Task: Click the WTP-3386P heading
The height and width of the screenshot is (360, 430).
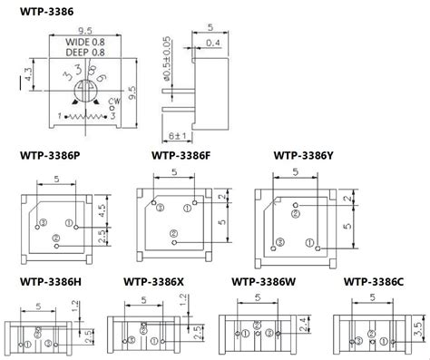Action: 50,155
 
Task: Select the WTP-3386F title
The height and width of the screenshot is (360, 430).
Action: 181,155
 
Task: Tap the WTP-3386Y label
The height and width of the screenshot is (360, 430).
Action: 303,155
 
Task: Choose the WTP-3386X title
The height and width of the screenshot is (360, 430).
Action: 153,282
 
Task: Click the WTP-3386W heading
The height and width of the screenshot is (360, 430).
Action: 264,282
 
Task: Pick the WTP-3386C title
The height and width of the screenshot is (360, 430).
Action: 374,282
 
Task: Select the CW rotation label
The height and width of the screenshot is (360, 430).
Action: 114,102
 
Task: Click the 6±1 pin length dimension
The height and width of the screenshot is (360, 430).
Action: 178,135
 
